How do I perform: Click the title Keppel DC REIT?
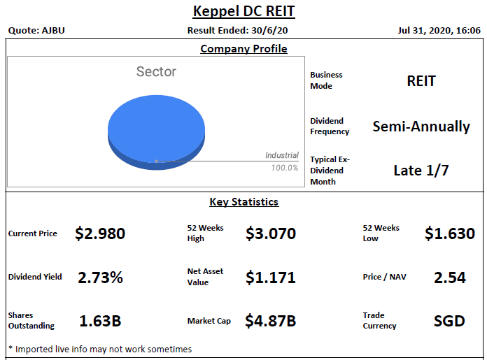[243, 12]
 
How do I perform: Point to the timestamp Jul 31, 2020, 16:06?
[439, 31]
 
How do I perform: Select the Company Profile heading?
[243, 49]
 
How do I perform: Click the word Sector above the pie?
[156, 71]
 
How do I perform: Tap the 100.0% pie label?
[285, 168]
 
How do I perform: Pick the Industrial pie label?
[281, 155]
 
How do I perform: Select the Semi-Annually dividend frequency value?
[421, 127]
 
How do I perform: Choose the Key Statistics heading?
[243, 202]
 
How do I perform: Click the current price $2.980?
[100, 233]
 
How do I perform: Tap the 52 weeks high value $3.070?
[271, 233]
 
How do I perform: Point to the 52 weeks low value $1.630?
[449, 233]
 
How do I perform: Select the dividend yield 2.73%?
[100, 278]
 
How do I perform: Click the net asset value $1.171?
[271, 278]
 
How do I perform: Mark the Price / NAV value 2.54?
[449, 278]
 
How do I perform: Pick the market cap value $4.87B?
[271, 321]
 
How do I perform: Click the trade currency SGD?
[449, 321]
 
